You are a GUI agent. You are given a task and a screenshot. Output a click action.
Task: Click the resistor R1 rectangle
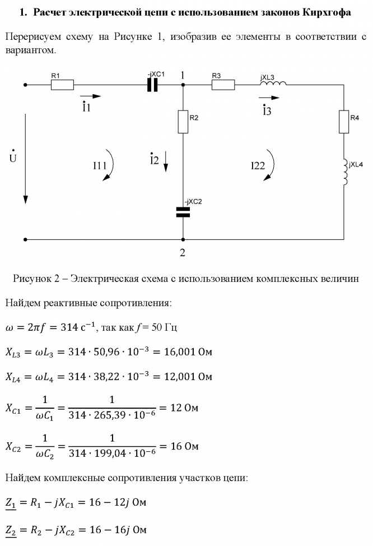[x=62, y=85]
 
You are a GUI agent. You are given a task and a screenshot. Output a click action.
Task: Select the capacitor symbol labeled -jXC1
[x=152, y=85]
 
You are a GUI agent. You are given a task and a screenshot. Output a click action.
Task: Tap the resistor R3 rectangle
[x=223, y=85]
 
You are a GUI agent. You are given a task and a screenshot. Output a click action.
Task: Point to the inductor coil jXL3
[x=273, y=84]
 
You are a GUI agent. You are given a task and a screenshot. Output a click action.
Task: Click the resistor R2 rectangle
[x=183, y=122]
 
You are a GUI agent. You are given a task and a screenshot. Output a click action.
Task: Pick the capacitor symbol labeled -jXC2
[x=183, y=211]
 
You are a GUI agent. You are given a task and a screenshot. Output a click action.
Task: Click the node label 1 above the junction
[x=183, y=74]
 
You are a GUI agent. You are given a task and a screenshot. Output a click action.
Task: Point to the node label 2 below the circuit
[x=182, y=252]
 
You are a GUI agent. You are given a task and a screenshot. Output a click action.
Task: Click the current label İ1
[x=86, y=108]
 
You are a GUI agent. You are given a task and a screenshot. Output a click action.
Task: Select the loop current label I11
[x=100, y=165]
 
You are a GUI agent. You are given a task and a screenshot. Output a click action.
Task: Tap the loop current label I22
[x=258, y=165]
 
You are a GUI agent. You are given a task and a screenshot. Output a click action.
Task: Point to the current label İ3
[x=267, y=110]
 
